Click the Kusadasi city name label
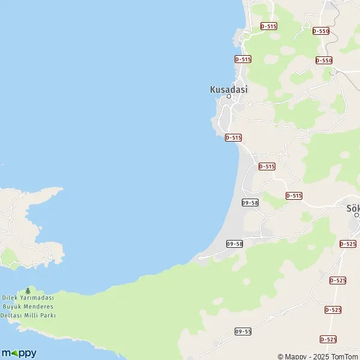pos(229,89)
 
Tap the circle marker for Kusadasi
pos(229,96)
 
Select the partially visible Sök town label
pos(353,209)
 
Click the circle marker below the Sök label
pos(356,215)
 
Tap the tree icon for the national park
pos(28,291)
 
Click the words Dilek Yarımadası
pos(28,298)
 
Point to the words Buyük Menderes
pos(28,307)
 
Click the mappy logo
pos(19,353)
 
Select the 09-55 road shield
pos(243,331)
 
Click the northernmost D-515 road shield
pos(269,26)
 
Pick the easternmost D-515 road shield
pos(294,196)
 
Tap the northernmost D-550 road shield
pos(321,31)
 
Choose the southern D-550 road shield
pos(324,60)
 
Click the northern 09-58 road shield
pos(250,203)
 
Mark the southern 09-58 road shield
pos(235,244)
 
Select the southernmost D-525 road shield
pos(328,339)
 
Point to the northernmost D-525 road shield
pos(347,244)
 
